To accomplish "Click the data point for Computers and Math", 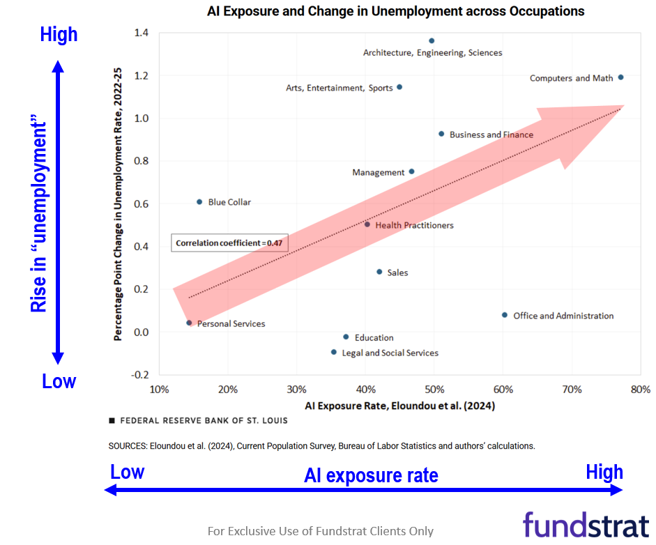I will [x=620, y=77].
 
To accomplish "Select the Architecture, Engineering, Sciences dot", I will [x=432, y=41].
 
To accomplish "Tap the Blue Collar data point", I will [x=199, y=202].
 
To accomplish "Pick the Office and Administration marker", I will [x=505, y=315].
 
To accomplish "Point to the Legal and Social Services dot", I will [x=334, y=353].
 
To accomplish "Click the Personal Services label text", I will [x=231, y=324].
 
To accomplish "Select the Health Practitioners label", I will [x=414, y=226].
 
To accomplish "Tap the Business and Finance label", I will [x=491, y=135].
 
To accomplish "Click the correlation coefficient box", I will [x=230, y=243].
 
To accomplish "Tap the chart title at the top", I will [x=395, y=11].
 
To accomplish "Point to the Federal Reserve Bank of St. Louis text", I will [x=204, y=421].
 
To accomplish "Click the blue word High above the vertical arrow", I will [x=59, y=34].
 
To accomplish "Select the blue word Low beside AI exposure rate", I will [x=127, y=472].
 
